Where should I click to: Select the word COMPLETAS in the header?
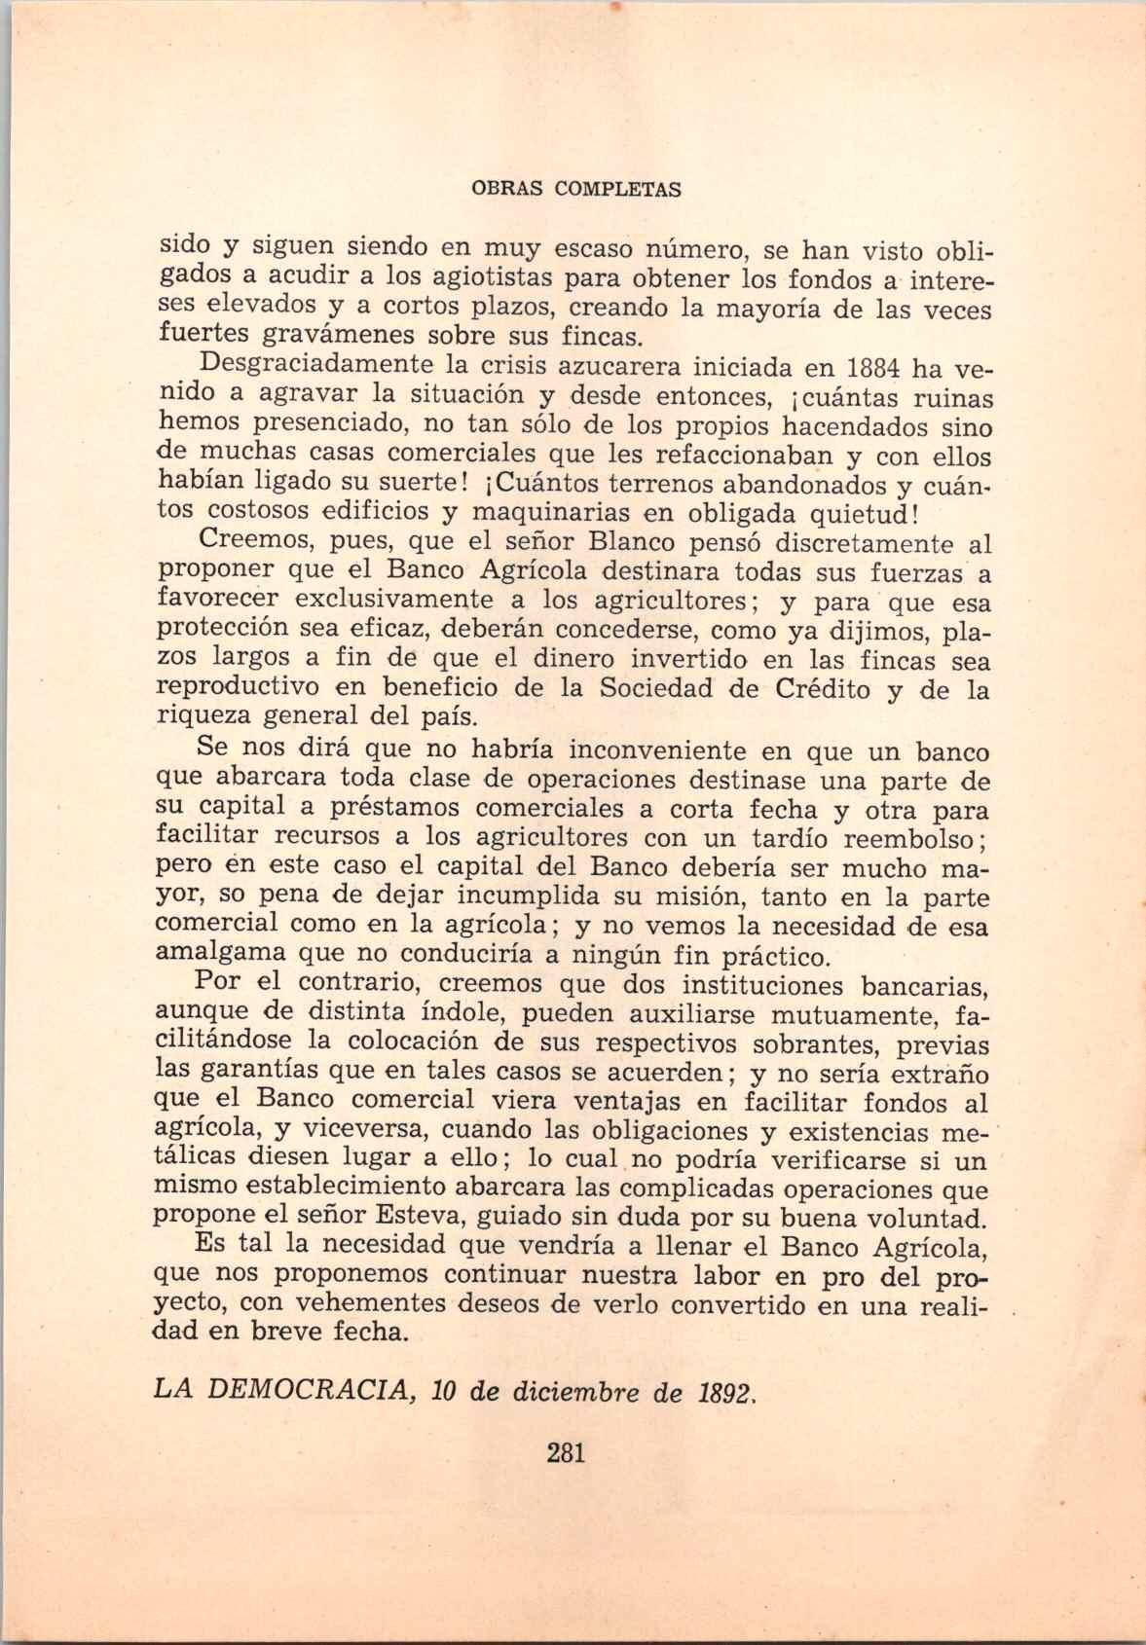tap(617, 190)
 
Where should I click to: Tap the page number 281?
tap(565, 1454)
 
